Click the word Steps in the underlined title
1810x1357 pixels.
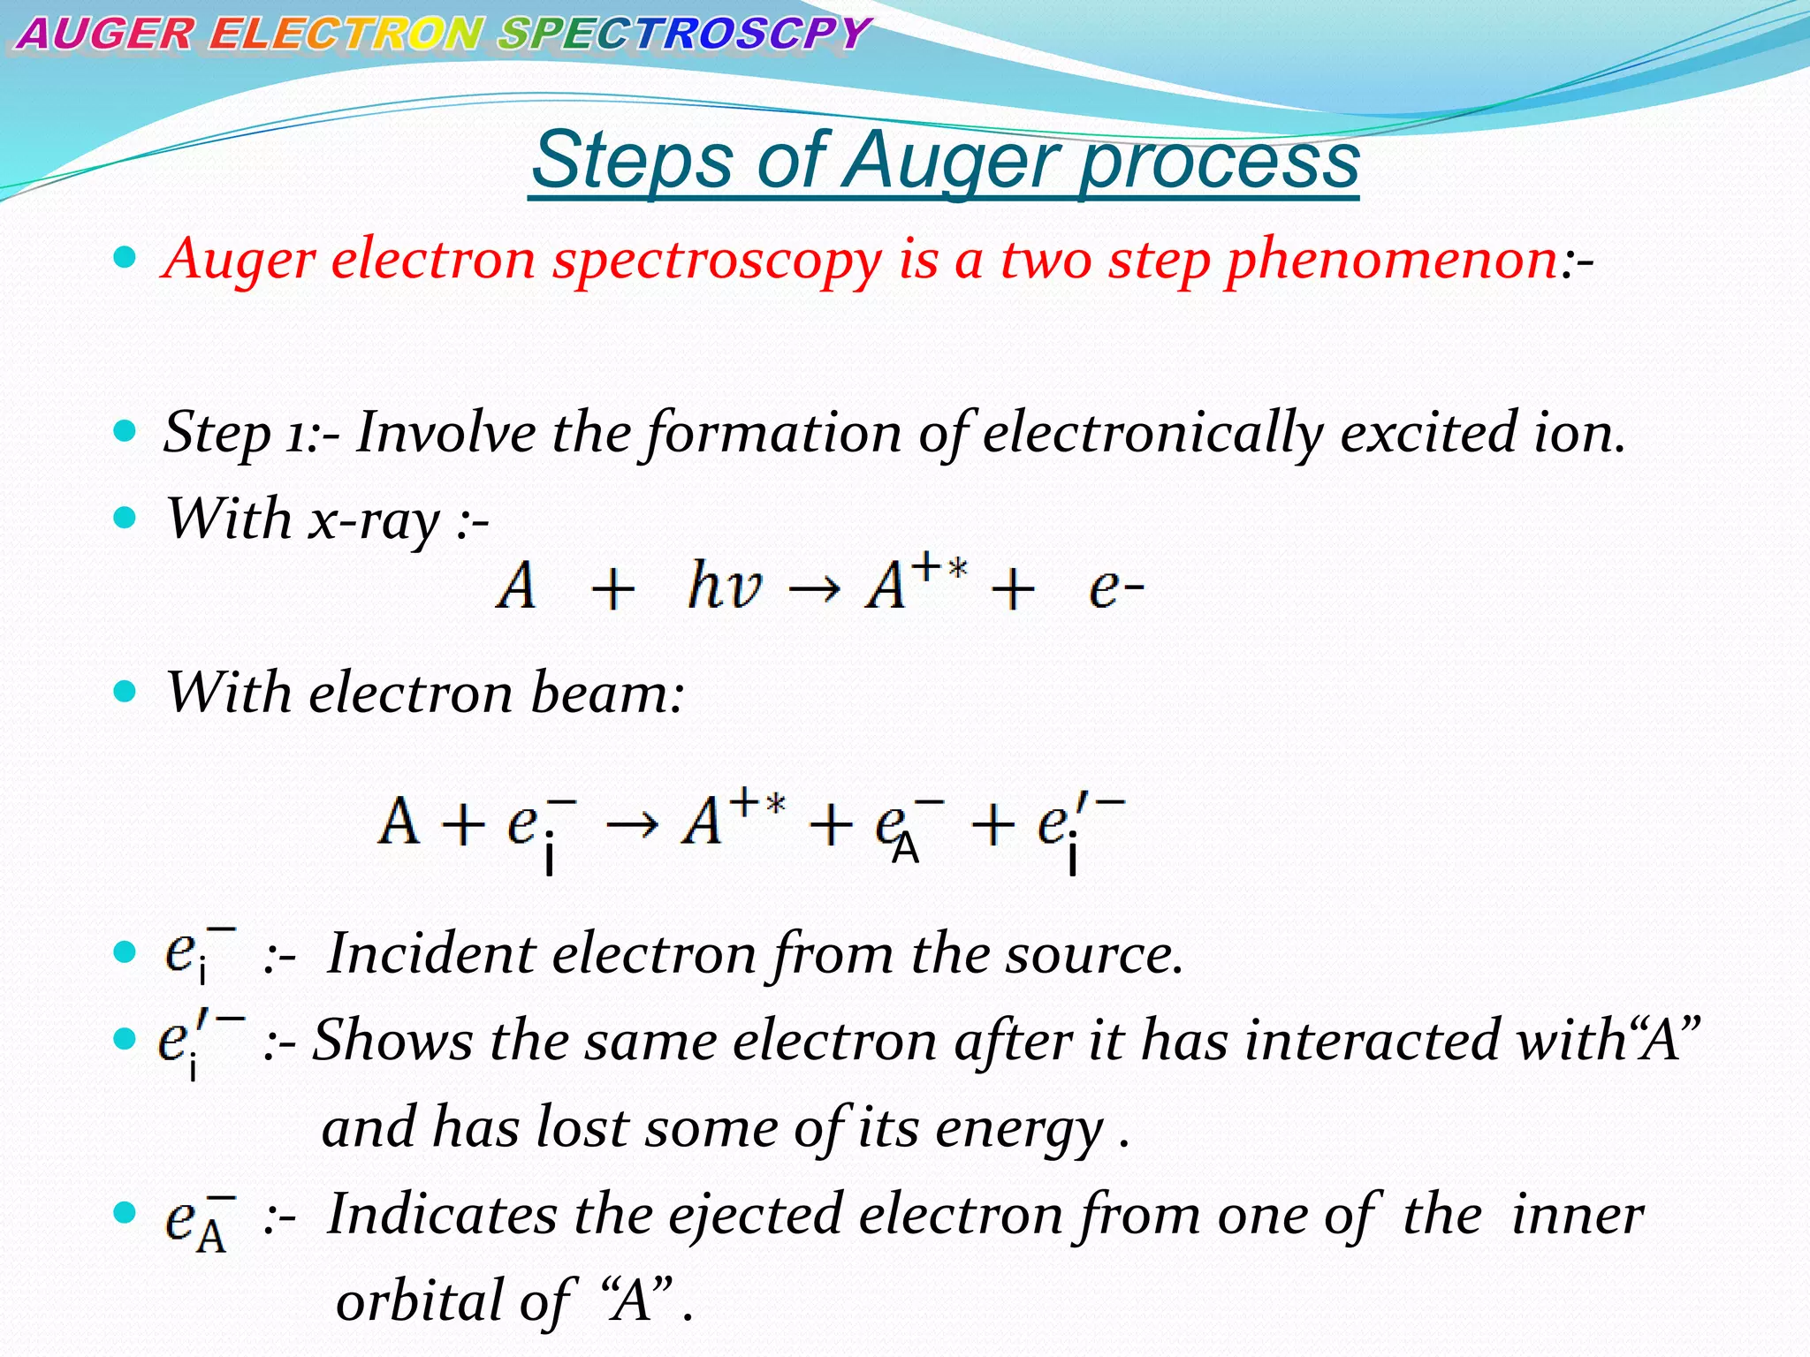point(632,161)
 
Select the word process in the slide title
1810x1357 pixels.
point(1220,161)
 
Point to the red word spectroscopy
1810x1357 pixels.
point(718,262)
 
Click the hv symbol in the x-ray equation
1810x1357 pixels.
point(725,586)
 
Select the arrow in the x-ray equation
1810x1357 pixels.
point(813,588)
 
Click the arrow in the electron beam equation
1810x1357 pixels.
point(632,824)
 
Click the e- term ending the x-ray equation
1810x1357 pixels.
point(1116,588)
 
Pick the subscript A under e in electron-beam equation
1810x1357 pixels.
point(905,850)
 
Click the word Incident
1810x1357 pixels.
point(431,955)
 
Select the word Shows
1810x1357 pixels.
point(393,1041)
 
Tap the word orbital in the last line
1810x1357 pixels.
point(420,1301)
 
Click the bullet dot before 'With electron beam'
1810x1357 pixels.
point(125,692)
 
